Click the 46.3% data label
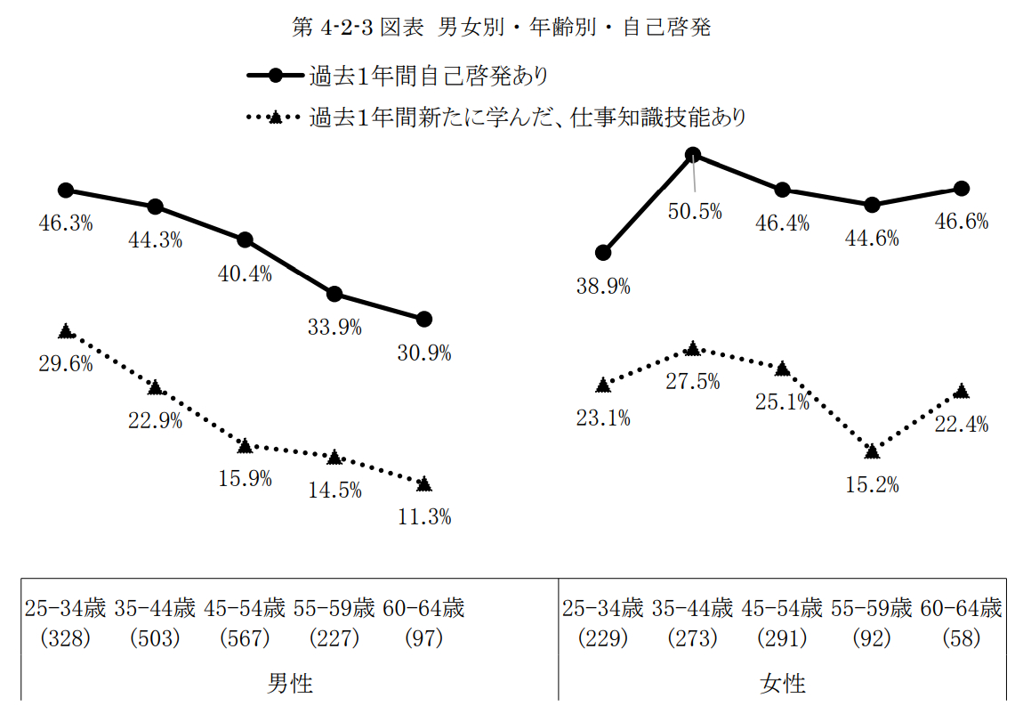(x=66, y=223)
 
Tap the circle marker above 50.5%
(x=694, y=156)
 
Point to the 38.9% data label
(x=603, y=286)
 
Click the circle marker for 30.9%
(x=424, y=319)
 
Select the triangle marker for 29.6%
(x=66, y=331)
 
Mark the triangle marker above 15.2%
(x=873, y=450)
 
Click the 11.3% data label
(x=424, y=516)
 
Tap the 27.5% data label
(x=694, y=381)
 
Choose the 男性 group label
(x=290, y=684)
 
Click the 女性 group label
(x=783, y=684)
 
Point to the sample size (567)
(x=245, y=638)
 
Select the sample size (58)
(x=961, y=638)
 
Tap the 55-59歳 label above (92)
(x=872, y=609)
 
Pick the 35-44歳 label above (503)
(x=155, y=609)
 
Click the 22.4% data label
(x=962, y=425)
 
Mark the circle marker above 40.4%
(x=246, y=239)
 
